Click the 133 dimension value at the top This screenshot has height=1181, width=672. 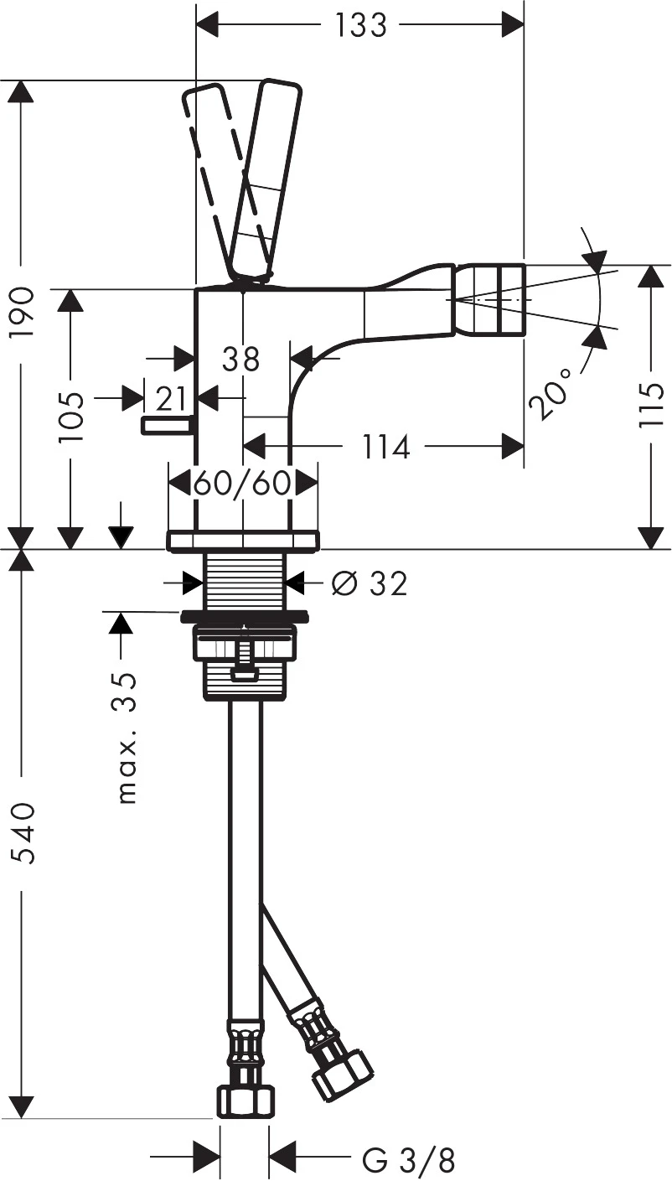[361, 26]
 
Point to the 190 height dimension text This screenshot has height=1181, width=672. [23, 312]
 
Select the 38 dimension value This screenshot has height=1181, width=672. [241, 360]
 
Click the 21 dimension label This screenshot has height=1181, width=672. [172, 395]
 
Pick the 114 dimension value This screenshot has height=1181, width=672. [386, 447]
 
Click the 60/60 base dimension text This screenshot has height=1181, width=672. [242, 484]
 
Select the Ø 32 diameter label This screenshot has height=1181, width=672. [369, 583]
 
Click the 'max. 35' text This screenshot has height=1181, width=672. [127, 738]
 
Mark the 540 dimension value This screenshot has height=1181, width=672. [23, 833]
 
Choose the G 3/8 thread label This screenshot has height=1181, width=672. [409, 1161]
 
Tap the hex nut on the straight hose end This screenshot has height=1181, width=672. [245, 1101]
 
